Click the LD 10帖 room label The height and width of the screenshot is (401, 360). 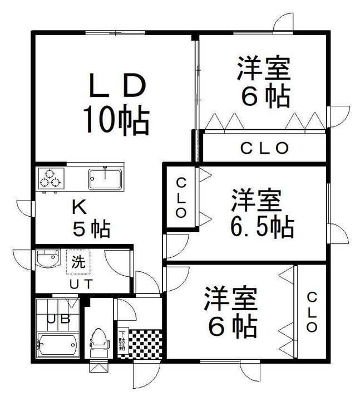(116, 104)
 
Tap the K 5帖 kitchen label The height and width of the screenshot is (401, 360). (91, 219)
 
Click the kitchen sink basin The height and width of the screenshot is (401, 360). (105, 179)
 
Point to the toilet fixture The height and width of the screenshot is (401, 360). (99, 341)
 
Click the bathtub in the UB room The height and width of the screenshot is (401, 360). (58, 345)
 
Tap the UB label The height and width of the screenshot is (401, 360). (58, 319)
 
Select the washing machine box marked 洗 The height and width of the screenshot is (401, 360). (78, 262)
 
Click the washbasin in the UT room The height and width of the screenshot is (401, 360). (48, 258)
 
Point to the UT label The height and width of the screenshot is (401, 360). (81, 284)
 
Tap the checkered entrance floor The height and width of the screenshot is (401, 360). (145, 344)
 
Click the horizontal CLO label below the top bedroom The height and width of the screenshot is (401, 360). (264, 148)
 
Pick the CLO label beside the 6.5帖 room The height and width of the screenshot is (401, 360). (181, 198)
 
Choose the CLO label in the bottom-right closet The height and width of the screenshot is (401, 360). (312, 312)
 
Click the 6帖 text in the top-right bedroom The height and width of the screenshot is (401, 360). (266, 97)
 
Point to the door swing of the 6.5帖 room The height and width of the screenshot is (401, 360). (177, 246)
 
